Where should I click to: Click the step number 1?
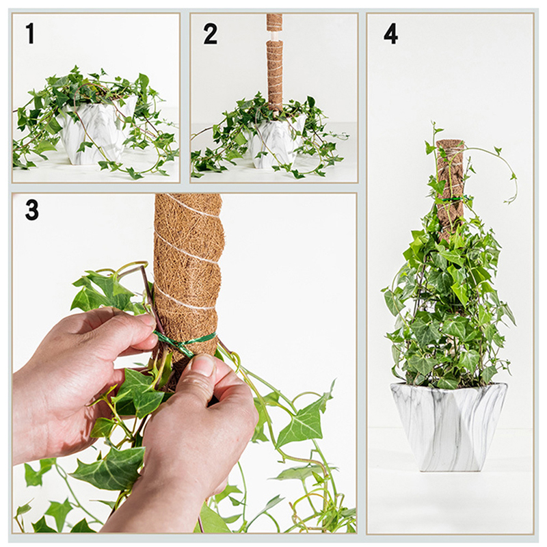coord(31,34)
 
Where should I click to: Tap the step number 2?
coord(210,34)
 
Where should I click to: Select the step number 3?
coord(31,211)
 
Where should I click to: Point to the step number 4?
coord(390,34)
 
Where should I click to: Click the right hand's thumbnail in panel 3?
coord(204,364)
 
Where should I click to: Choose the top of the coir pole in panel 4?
coord(449,142)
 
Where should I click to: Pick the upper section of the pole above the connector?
coord(275,23)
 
